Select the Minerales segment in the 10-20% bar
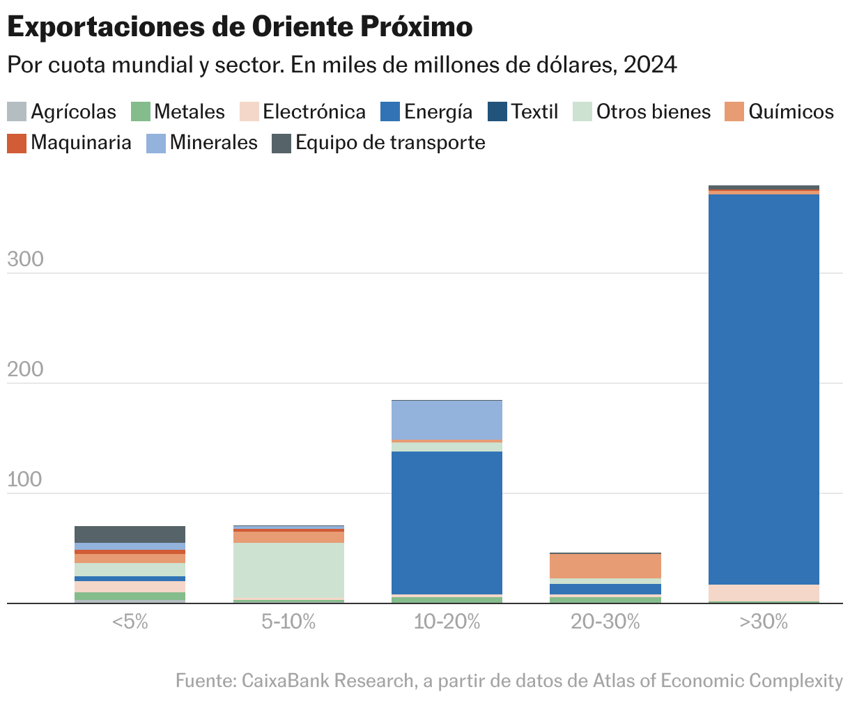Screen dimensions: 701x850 click(x=447, y=420)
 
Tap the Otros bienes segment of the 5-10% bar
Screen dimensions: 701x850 click(x=288, y=571)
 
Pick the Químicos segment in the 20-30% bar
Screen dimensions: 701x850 click(x=605, y=566)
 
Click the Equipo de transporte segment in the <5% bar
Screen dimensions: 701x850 click(x=130, y=534)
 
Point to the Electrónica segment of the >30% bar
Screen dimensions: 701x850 click(x=764, y=592)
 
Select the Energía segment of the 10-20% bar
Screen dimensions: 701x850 click(x=447, y=523)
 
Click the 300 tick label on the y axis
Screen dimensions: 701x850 click(x=25, y=259)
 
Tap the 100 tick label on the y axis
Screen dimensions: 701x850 click(x=25, y=479)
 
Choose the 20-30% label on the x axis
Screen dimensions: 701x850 click(x=605, y=622)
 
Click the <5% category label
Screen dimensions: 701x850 click(x=130, y=622)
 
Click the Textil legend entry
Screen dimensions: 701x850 click(x=534, y=111)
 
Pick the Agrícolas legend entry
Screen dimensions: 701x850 click(x=73, y=111)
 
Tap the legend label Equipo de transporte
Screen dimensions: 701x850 click(x=390, y=143)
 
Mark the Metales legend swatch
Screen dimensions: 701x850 click(x=141, y=111)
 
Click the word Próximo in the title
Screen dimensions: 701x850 click(x=417, y=27)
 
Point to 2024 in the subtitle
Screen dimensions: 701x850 click(x=651, y=65)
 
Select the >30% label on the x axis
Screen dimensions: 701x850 click(x=764, y=622)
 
